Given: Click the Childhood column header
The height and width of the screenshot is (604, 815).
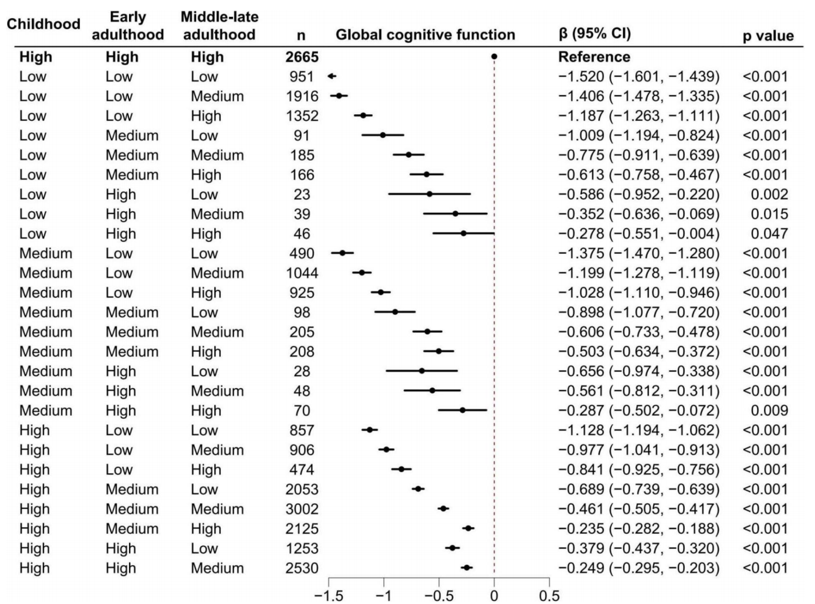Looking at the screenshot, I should pos(43,24).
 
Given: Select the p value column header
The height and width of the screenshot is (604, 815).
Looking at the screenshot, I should pos(767,36).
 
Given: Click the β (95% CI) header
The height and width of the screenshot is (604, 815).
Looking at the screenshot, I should pos(594,33).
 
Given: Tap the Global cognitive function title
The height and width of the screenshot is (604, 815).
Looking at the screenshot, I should pos(425,35).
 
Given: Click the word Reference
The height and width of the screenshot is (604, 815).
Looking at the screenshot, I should pos(594,57).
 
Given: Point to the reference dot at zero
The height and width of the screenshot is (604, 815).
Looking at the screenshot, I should pos(494,56).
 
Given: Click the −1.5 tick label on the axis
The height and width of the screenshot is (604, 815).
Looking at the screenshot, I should pos(329,596).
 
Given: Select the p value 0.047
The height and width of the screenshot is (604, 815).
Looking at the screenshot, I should pos(769,233).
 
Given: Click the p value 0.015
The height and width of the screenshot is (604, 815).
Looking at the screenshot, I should pos(769,214).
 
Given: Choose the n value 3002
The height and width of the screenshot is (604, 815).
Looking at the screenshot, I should pos(302,509).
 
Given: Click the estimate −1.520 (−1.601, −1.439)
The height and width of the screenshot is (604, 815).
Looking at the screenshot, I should pos(638,76).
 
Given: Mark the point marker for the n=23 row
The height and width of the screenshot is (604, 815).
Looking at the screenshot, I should pos(430,194).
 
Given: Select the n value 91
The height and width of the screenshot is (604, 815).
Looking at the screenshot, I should pos(302,135).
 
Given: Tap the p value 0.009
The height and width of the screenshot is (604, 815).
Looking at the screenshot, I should pos(769,410).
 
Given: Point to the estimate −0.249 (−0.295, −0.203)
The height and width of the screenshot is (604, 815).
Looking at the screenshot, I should pos(638,568).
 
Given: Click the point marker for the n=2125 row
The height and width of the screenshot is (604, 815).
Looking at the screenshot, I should pos(468,528).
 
